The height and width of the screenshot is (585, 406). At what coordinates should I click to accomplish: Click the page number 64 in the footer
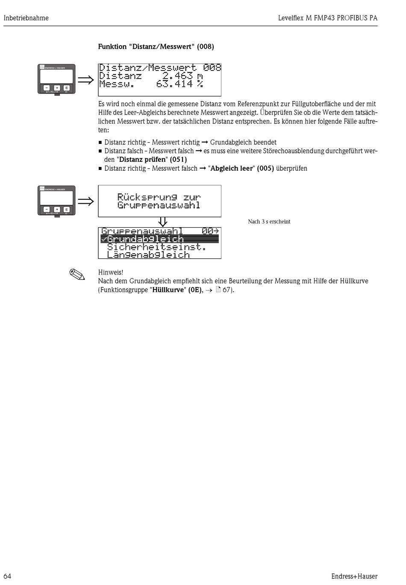click(x=7, y=576)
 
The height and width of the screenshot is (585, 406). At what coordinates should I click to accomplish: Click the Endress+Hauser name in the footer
click(x=354, y=576)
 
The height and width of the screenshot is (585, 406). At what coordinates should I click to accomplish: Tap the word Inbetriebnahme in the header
click(x=26, y=18)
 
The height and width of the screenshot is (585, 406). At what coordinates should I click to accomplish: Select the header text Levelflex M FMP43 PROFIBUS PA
click(x=328, y=18)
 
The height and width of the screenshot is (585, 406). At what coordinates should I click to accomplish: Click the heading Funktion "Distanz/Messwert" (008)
click(x=156, y=47)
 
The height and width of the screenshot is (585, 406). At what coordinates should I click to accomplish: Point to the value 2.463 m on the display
click(x=182, y=76)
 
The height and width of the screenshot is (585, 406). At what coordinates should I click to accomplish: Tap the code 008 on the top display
click(x=212, y=67)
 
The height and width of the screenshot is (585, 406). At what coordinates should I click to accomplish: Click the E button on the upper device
click(x=66, y=88)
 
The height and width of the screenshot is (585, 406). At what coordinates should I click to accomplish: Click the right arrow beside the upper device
click(x=85, y=80)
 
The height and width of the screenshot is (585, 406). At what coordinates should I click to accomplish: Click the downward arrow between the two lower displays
click(x=162, y=222)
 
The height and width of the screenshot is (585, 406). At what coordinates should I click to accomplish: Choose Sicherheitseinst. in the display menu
click(x=156, y=247)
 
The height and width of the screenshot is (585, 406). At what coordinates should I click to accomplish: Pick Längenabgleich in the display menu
click(x=148, y=255)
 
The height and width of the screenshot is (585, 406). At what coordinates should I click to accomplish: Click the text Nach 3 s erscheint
click(x=269, y=222)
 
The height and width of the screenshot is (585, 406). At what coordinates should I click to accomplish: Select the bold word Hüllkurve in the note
click(x=168, y=290)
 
